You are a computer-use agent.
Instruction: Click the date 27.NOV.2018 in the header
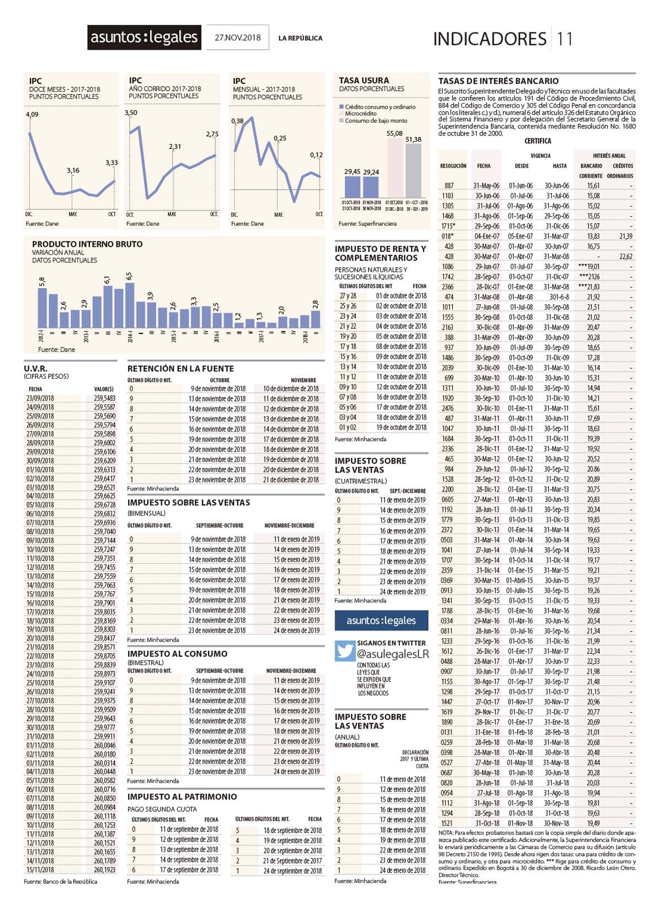pos(238,38)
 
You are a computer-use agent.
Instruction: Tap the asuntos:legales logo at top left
pos(145,37)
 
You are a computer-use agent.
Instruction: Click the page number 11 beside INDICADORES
pos(565,39)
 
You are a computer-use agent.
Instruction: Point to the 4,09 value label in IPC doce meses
pos(32,115)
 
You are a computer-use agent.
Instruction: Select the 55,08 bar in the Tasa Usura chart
pos(394,167)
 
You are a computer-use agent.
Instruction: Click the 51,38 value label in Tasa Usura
pos(413,139)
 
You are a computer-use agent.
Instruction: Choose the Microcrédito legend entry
pos(360,114)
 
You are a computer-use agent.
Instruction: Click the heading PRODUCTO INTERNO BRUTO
pos(87,244)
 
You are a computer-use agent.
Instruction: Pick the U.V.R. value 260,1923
pos(104,870)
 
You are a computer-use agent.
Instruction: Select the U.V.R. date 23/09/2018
pos(41,398)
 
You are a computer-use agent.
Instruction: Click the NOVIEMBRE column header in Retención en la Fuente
pos(303,380)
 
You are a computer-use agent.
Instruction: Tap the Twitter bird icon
pos(345,651)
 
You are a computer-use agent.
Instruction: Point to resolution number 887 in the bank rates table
pos(449,186)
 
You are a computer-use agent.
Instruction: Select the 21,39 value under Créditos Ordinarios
pos(626,236)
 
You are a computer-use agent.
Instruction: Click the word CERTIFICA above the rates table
pos(537,141)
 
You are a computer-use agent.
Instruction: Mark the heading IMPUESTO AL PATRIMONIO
pos(182,796)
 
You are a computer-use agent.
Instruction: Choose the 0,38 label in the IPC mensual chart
pos(237,121)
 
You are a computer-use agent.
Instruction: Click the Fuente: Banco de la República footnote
pos(61,881)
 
